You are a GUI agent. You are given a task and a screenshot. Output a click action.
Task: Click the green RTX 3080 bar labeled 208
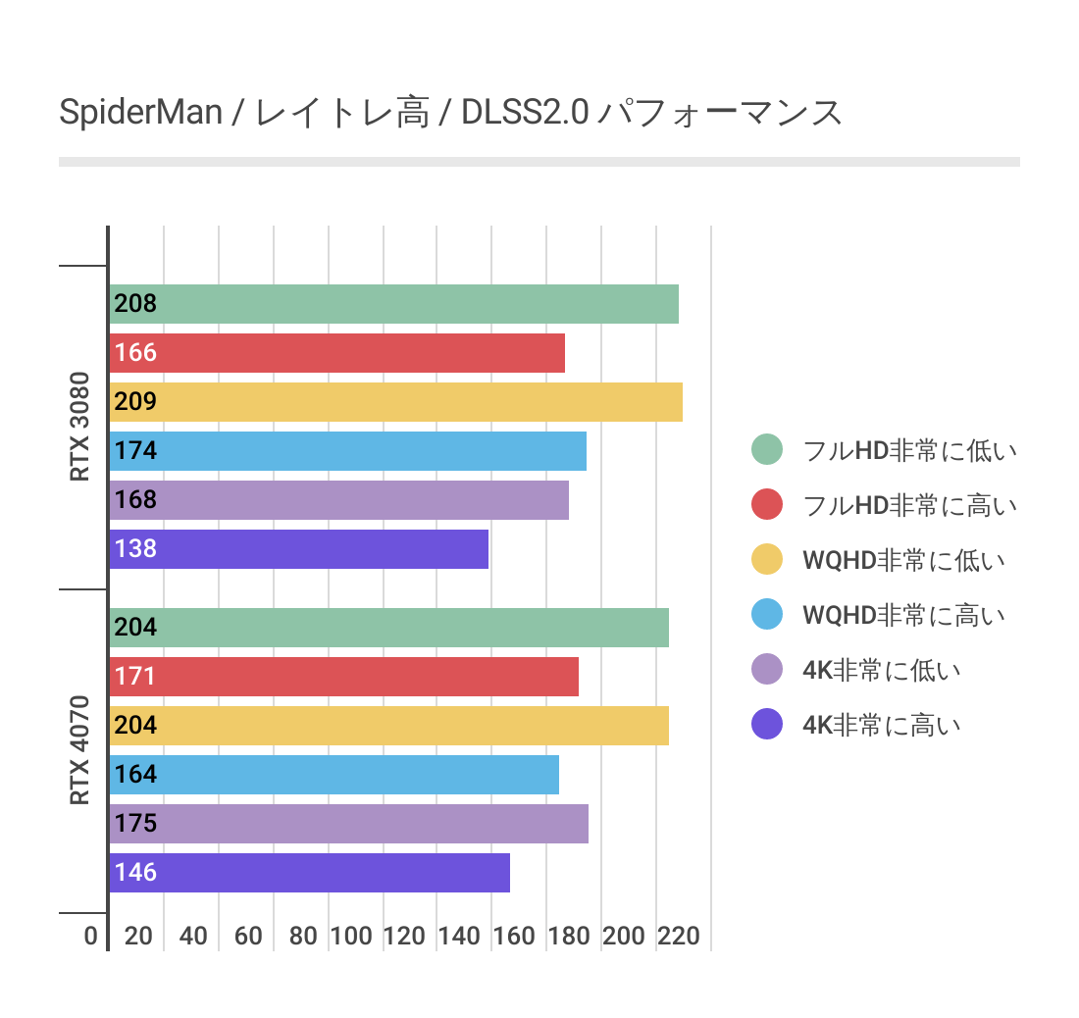392,304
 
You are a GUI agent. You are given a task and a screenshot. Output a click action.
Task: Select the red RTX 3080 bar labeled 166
336,353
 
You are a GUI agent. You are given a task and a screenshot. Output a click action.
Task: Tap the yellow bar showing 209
394,402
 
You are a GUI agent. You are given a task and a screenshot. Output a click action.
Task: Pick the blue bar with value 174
347,451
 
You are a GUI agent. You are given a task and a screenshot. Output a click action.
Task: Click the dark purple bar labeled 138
298,549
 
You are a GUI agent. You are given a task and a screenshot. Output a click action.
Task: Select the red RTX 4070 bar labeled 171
343,677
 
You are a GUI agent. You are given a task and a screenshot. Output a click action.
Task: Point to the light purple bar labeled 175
348,824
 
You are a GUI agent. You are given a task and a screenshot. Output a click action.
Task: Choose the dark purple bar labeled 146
309,873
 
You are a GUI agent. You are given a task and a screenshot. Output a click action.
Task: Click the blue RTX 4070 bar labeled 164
334,775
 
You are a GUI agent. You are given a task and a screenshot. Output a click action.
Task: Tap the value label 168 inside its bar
135,500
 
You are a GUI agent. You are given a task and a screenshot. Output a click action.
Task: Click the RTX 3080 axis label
79,427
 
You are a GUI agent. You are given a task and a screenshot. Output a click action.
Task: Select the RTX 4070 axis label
79,750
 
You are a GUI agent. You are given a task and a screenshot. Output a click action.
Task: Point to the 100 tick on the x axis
351,936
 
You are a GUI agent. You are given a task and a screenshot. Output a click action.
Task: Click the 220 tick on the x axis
679,936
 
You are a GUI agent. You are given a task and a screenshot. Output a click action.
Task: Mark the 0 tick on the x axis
91,936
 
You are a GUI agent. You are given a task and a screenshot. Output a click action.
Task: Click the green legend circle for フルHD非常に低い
767,450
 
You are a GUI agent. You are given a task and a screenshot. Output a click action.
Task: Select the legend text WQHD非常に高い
903,615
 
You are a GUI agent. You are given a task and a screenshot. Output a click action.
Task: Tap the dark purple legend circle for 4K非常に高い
767,725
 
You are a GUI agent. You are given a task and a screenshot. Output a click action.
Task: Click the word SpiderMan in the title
141,113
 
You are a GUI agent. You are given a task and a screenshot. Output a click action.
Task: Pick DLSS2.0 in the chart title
525,113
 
